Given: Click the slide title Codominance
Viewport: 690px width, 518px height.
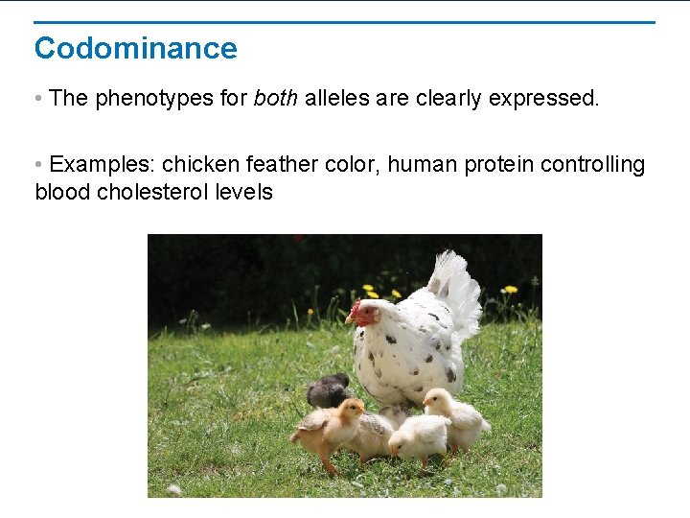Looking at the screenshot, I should (x=135, y=48).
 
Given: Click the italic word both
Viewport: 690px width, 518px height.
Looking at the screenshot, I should (x=276, y=99).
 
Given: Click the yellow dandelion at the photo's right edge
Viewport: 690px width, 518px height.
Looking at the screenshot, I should (x=511, y=289).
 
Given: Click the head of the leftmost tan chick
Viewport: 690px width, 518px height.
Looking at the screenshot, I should (x=350, y=410).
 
